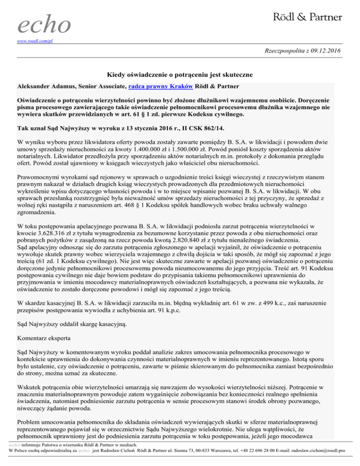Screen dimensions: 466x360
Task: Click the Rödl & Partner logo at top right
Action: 307,17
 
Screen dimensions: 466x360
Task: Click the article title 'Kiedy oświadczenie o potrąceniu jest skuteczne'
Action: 180,75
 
